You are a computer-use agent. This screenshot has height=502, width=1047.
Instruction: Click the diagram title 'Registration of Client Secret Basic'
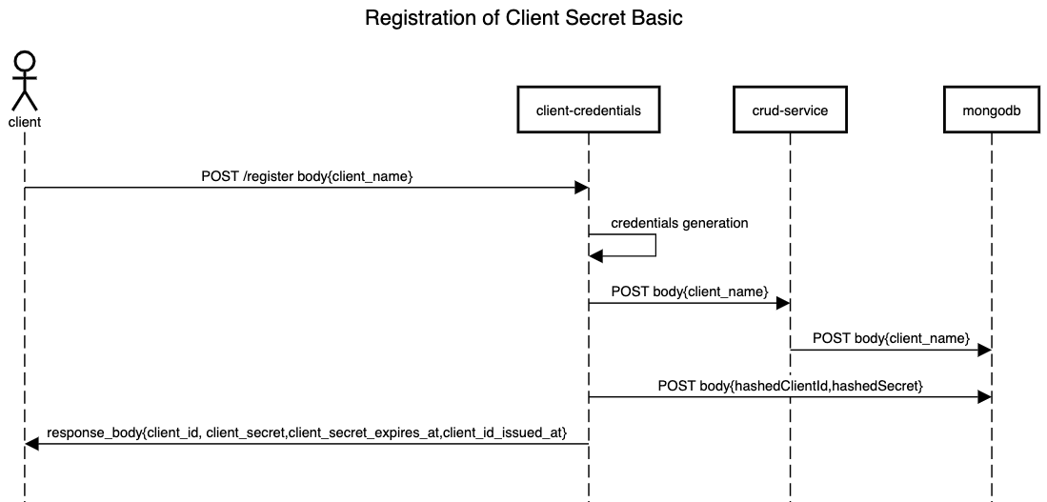coord(524,18)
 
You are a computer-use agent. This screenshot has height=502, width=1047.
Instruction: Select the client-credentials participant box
coord(588,110)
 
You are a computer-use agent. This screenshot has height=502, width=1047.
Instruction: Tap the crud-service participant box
coord(790,110)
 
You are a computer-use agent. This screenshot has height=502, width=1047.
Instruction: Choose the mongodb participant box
coord(991,110)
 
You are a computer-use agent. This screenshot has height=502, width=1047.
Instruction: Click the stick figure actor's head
coord(25,61)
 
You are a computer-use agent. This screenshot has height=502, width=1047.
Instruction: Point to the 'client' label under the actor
coord(25,122)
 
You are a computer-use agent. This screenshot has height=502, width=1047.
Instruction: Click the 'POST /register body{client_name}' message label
coord(307,176)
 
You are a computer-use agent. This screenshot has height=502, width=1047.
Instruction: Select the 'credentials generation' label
coord(679,223)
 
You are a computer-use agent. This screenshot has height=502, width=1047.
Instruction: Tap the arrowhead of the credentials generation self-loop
coord(595,255)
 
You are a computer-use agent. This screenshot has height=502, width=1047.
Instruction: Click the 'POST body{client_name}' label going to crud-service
coord(690,291)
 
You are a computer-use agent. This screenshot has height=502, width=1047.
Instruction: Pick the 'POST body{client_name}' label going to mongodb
coord(891,338)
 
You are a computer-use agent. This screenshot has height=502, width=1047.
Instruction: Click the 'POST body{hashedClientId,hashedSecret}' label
coord(790,386)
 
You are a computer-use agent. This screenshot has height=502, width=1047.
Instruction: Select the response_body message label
coord(307,432)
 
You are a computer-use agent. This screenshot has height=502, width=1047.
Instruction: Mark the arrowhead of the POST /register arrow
coord(581,189)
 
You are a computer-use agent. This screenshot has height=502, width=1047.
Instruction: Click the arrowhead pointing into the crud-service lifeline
coord(783,303)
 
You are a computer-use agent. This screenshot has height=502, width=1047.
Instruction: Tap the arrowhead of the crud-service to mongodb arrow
coord(984,351)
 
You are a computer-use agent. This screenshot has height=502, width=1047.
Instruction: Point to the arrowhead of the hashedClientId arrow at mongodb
coord(984,397)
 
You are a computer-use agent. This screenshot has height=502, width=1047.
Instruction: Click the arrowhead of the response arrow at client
coord(31,444)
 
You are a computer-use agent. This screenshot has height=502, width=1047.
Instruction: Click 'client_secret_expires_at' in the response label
coord(365,432)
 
